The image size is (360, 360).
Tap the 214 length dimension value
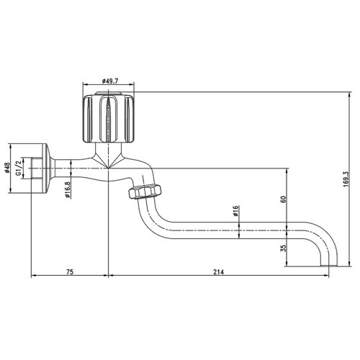(x=219, y=271)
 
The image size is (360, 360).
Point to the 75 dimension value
(x=70, y=271)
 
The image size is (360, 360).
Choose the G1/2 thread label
(x=19, y=169)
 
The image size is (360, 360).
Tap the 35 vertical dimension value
(x=283, y=248)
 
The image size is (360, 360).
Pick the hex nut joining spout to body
(x=144, y=192)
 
